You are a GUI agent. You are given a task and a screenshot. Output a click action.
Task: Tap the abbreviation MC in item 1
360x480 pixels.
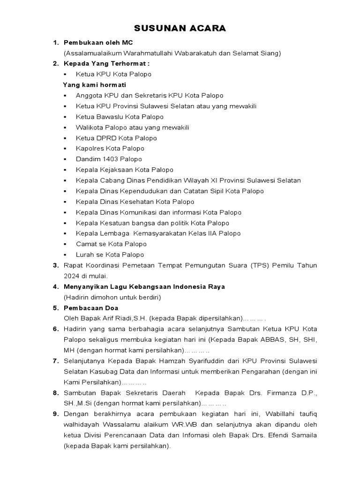coord(127,43)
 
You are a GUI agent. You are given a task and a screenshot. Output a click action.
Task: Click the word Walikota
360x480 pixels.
coord(89,127)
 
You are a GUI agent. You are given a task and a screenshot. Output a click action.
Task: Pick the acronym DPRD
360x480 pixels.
coord(106,138)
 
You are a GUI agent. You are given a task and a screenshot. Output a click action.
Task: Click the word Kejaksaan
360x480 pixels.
coord(116,170)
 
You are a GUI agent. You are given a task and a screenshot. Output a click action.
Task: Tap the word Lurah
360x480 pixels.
coord(84,255)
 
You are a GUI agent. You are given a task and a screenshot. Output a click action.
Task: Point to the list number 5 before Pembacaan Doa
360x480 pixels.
coord(55,308)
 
